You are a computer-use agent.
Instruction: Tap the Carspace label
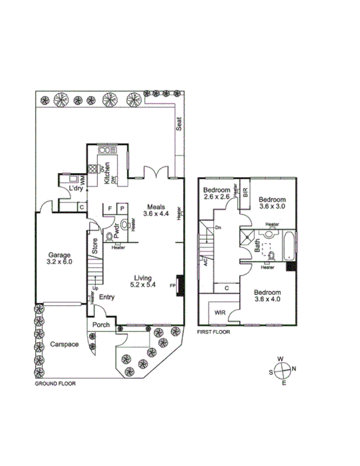click(x=64, y=344)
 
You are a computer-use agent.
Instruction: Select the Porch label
click(x=101, y=325)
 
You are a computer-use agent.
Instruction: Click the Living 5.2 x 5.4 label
click(x=145, y=282)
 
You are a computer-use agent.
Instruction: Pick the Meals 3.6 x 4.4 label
click(x=157, y=211)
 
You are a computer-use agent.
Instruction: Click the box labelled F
click(x=110, y=209)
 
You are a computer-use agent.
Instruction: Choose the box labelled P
click(x=123, y=209)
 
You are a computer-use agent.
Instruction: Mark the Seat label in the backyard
click(x=179, y=124)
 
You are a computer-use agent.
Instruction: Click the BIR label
click(x=245, y=193)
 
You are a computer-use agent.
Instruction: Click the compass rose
click(x=284, y=369)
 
